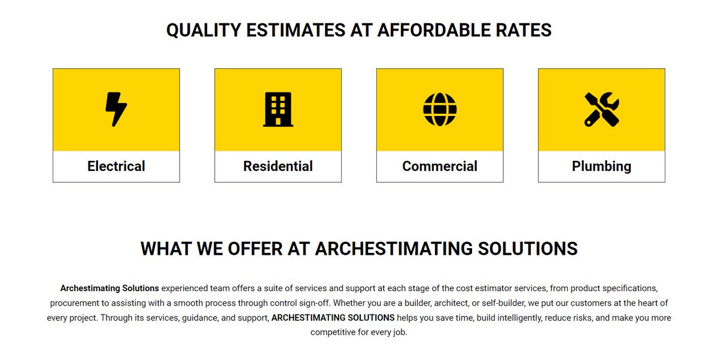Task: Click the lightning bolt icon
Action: click(116, 109)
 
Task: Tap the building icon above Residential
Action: click(278, 109)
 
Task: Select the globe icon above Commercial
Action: click(440, 109)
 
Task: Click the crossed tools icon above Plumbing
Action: click(601, 109)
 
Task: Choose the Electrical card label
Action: click(116, 166)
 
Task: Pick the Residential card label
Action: click(278, 166)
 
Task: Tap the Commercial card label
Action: click(440, 166)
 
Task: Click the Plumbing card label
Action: click(601, 166)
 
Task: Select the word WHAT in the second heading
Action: click(165, 248)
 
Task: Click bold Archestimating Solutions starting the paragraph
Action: click(109, 288)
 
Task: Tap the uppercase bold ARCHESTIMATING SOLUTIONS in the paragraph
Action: click(333, 318)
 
